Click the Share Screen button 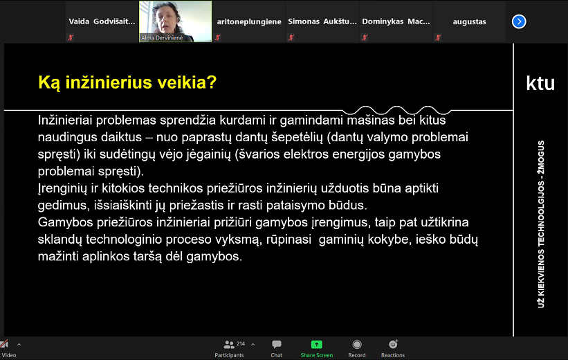(x=317, y=349)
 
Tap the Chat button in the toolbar (x=277, y=349)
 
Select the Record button (x=357, y=349)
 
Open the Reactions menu (x=393, y=349)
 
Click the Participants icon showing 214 (x=229, y=349)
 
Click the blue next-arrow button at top (x=519, y=21)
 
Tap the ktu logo (x=540, y=83)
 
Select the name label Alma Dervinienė (x=162, y=37)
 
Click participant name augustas (x=470, y=21)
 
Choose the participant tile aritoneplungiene (x=249, y=21)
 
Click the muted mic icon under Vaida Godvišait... (x=71, y=37)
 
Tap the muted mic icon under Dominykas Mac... (x=365, y=37)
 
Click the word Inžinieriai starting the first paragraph (x=65, y=120)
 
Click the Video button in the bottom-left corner (x=8, y=349)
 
